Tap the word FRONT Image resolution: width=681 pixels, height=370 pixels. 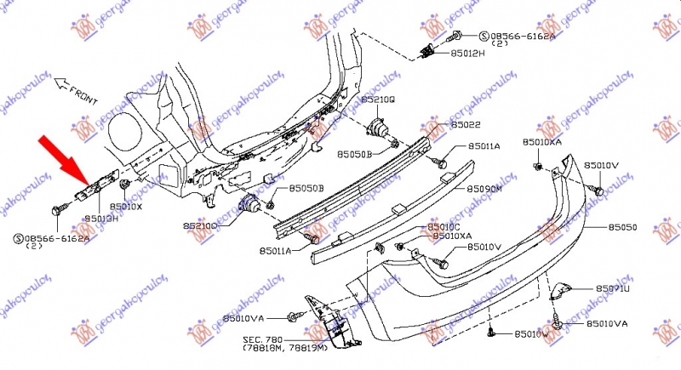pos(84,90)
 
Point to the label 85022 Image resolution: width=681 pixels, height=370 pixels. pos(466,125)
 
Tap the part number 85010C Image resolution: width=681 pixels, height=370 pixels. pos(443,227)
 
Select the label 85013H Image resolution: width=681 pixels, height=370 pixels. pos(100,219)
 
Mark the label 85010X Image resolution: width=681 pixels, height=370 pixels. pos(127,207)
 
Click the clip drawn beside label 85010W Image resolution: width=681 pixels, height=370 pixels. pos(492,333)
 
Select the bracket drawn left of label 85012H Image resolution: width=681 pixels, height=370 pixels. pos(430,50)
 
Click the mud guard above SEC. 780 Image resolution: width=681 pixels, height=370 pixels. pos(324,322)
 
